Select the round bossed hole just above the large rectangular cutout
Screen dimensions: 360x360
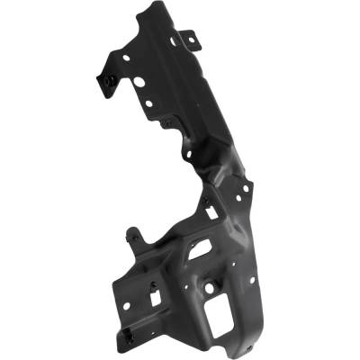[x=210, y=288]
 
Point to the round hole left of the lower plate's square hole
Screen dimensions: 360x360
[x=126, y=305]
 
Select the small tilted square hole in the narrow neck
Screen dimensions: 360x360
[x=211, y=213]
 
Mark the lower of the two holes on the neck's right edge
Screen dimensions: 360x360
[x=240, y=200]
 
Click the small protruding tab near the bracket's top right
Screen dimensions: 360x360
[x=188, y=39]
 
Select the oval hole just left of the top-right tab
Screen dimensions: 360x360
[x=175, y=40]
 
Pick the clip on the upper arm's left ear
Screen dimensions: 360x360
[x=107, y=81]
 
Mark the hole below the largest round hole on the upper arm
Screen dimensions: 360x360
[x=148, y=103]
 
